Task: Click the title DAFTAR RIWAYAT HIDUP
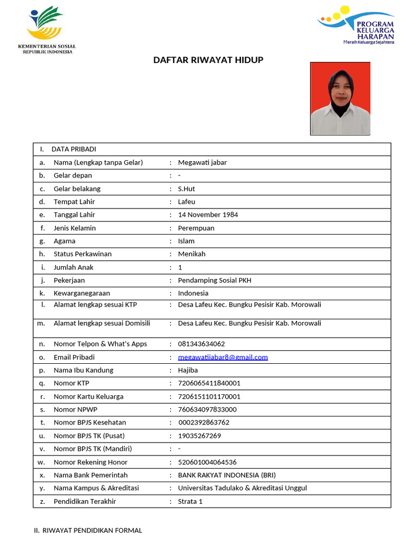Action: click(x=208, y=60)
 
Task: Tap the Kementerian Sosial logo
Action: click(x=47, y=29)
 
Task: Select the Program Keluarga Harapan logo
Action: click(x=356, y=25)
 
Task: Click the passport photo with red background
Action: click(x=340, y=98)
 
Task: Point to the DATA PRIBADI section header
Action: click(x=74, y=149)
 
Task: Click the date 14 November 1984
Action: click(x=208, y=214)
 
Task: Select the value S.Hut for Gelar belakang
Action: click(x=186, y=188)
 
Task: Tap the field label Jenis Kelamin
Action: click(x=74, y=228)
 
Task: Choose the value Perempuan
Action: click(x=196, y=228)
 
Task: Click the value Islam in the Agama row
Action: click(x=186, y=241)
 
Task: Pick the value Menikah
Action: click(x=192, y=254)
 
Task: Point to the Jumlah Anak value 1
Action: click(x=180, y=267)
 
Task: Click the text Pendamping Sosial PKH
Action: click(x=214, y=280)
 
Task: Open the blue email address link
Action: click(x=223, y=357)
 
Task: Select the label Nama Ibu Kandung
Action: click(x=83, y=370)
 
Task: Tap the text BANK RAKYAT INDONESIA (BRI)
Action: click(x=227, y=475)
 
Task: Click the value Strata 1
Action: click(x=190, y=501)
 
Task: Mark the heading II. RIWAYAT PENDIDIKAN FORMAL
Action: click(x=88, y=530)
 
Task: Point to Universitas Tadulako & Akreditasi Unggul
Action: click(x=242, y=488)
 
